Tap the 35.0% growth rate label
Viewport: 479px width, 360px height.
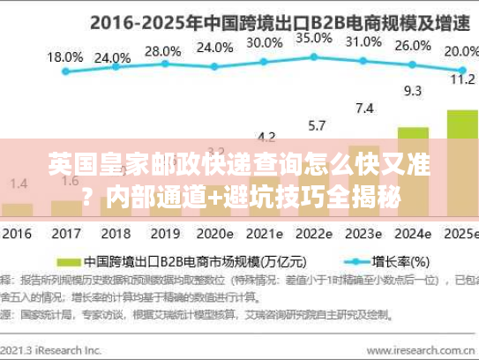click(314, 38)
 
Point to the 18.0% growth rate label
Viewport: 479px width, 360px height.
click(64, 56)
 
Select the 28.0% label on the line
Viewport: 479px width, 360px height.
click(162, 51)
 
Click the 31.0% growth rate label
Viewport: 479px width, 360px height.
click(363, 41)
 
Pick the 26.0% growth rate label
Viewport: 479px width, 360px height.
click(413, 46)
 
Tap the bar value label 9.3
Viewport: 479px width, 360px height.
click(412, 90)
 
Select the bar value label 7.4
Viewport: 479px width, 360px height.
click(363, 109)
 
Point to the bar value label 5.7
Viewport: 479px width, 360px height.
click(315, 124)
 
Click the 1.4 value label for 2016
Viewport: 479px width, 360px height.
click(19, 183)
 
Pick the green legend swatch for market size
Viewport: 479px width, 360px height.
click(67, 262)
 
